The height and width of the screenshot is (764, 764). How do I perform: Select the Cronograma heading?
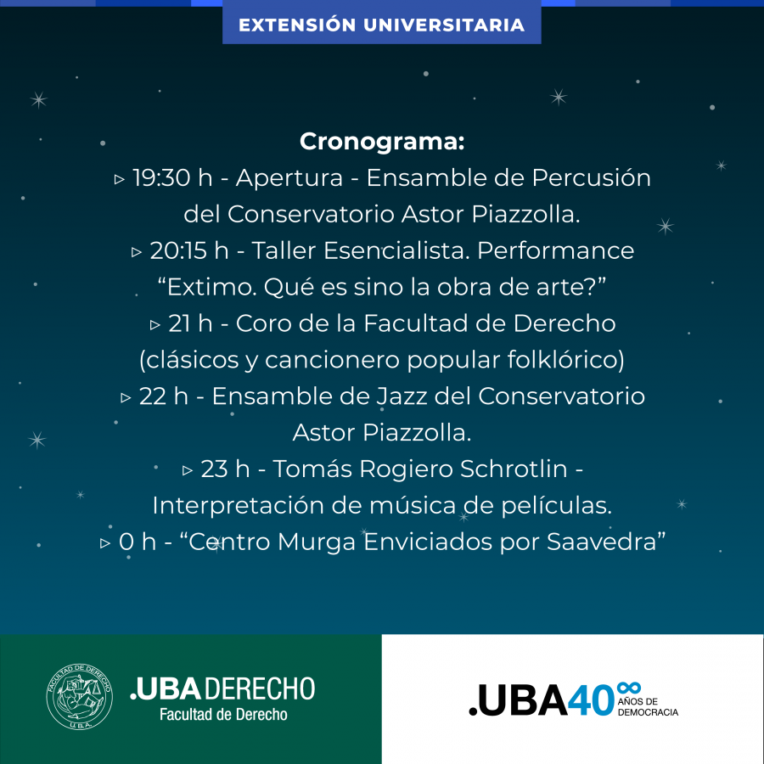(382, 142)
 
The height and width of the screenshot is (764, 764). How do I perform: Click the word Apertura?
(289, 178)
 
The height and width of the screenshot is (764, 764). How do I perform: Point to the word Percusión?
(591, 177)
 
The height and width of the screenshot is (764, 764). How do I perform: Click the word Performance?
(555, 250)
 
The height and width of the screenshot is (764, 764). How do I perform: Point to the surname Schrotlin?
(514, 469)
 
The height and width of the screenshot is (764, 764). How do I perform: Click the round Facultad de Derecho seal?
(80, 696)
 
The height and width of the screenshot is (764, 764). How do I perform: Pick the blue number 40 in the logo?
(591, 699)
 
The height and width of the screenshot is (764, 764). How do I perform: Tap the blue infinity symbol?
(628, 688)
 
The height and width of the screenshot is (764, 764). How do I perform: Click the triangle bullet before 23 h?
(188, 470)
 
